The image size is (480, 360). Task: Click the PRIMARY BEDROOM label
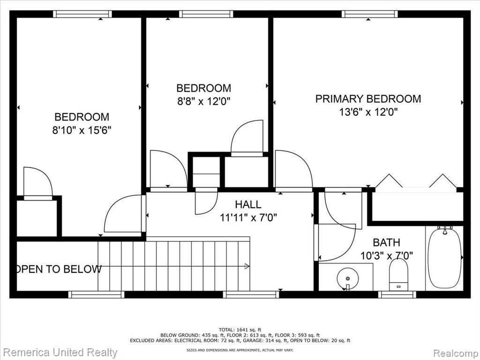368,99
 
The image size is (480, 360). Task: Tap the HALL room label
248,204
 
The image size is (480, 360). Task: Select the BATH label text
386,242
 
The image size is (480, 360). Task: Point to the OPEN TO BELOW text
59,269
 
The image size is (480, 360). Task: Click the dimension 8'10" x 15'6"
82,130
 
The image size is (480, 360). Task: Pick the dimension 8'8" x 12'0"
203,101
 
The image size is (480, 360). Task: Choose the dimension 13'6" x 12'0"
368,112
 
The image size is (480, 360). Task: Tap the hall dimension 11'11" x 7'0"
248,217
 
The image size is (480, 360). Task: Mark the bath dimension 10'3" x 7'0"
386,255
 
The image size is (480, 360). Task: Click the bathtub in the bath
443,257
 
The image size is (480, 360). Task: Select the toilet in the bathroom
398,275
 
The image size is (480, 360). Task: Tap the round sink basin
347,278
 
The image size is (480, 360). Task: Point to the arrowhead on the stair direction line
247,266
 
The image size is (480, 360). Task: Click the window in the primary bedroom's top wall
370,14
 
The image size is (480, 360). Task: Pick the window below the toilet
397,294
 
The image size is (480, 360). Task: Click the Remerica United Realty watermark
60,352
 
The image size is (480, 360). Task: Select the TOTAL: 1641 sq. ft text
240,330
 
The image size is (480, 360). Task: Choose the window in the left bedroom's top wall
82,14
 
